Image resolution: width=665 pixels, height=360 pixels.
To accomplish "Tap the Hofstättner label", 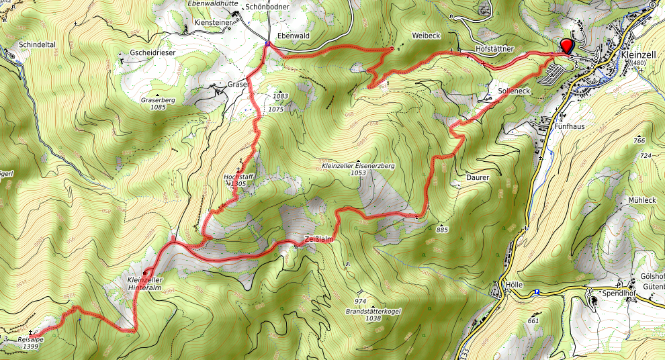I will point(494,49).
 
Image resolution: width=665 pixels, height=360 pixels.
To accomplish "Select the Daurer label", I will point(476,177).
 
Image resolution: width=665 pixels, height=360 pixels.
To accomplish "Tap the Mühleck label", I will point(641,199).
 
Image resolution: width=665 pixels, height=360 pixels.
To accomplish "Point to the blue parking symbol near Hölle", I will point(537,292).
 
